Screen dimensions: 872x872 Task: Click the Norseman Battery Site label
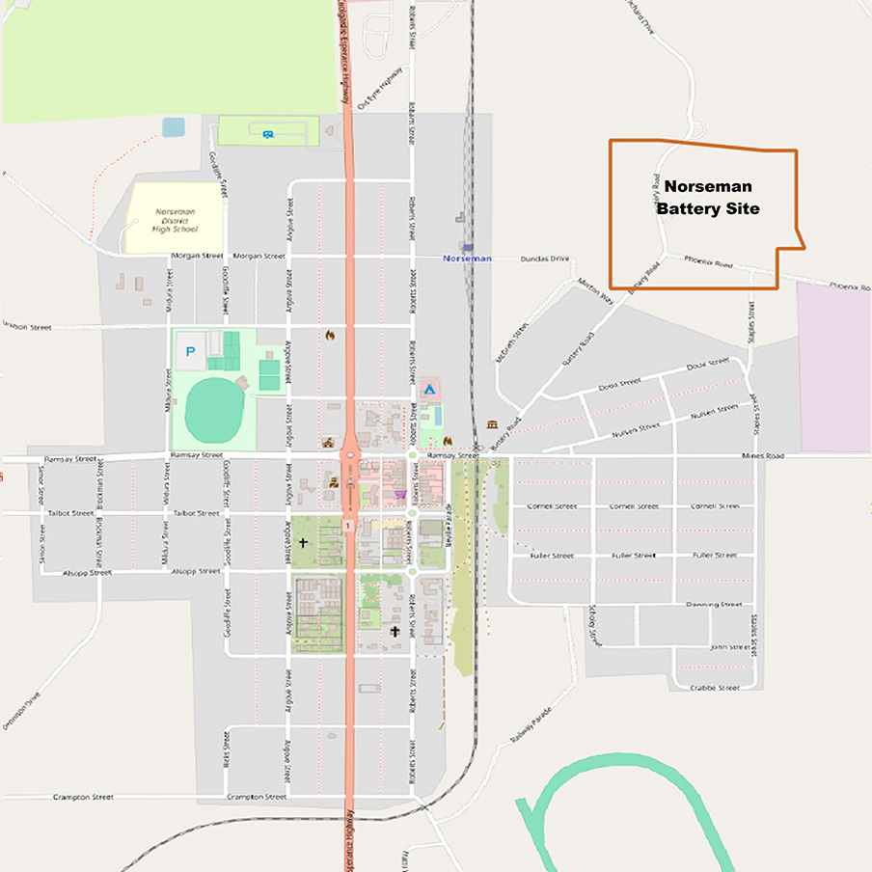pos(707,197)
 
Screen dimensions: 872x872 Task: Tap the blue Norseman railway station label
pos(467,259)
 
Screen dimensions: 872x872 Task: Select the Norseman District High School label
pos(175,221)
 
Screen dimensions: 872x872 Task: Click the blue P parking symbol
pos(190,351)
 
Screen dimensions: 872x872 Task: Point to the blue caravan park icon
pos(267,134)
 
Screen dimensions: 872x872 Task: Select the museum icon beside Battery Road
pos(492,425)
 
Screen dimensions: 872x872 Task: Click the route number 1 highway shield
pos(347,525)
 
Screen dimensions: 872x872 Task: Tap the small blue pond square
pos(174,127)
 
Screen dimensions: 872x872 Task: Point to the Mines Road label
pos(763,455)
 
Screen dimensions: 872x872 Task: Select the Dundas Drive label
pos(545,259)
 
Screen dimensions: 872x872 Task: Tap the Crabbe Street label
pos(715,688)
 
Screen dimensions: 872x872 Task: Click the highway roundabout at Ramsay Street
pos(348,454)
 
